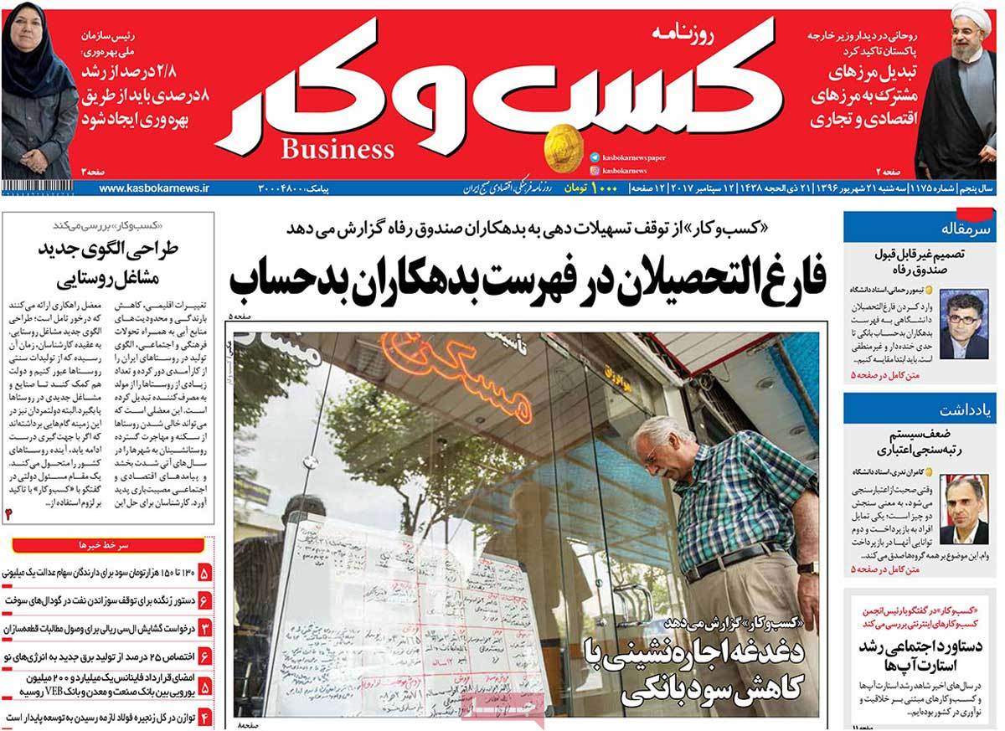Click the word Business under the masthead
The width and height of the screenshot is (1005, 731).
338,150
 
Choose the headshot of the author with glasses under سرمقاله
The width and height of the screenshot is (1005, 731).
964,323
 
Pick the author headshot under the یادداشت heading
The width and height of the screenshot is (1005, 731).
963,509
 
